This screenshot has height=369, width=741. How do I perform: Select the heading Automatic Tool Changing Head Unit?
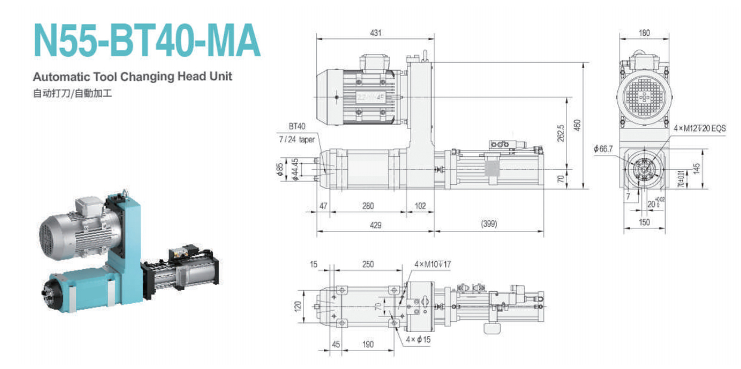click(x=132, y=77)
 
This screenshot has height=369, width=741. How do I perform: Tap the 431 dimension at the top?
click(x=375, y=33)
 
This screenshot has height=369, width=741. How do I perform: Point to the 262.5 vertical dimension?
click(x=560, y=132)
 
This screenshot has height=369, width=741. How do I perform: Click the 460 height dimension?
click(x=577, y=126)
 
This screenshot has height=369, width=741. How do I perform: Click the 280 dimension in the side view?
click(x=368, y=206)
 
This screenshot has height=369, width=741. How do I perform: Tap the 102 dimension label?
click(x=420, y=206)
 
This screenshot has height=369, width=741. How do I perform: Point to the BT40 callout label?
click(x=297, y=127)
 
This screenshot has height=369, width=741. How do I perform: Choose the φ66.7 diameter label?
click(x=603, y=148)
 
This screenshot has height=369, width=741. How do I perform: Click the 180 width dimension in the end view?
click(x=644, y=33)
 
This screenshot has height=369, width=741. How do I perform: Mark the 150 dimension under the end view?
click(x=644, y=222)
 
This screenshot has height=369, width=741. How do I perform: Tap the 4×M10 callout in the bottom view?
click(x=433, y=264)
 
